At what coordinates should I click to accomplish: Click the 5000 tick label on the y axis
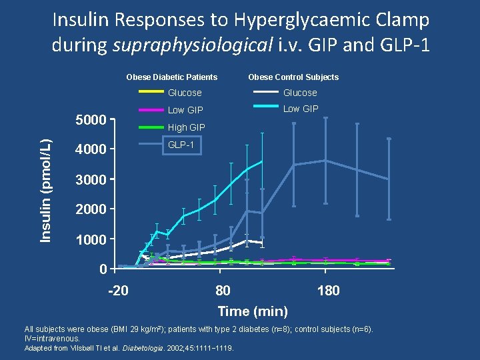click(91, 121)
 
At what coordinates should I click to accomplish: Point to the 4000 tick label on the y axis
click(91, 149)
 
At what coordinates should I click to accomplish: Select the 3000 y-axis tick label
click(91, 180)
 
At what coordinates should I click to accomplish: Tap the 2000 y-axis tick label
click(91, 210)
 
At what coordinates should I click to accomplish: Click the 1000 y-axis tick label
click(91, 239)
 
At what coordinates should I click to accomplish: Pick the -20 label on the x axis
click(119, 291)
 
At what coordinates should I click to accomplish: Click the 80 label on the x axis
click(223, 291)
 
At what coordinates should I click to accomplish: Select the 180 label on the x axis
click(328, 291)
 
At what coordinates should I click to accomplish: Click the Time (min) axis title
click(253, 311)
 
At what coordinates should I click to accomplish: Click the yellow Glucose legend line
click(151, 92)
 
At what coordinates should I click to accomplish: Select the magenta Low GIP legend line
click(151, 109)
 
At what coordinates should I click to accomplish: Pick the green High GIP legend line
click(151, 127)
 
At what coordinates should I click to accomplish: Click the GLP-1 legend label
click(181, 144)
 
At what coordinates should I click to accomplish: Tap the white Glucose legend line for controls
click(265, 92)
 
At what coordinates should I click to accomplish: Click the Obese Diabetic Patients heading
click(172, 77)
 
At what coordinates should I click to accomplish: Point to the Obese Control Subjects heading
click(293, 77)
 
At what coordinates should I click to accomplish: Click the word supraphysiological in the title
click(193, 45)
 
